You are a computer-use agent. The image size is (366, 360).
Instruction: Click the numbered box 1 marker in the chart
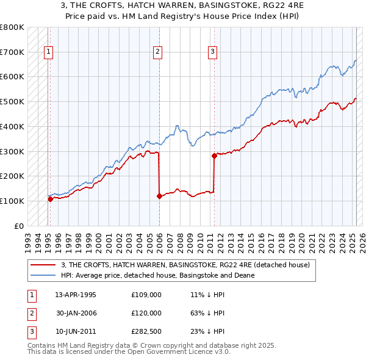[48, 52]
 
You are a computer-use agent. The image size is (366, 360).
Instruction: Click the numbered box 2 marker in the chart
[157, 52]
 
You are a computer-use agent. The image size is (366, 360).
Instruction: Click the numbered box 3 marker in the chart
[213, 52]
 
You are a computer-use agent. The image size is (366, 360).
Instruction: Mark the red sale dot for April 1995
[50, 198]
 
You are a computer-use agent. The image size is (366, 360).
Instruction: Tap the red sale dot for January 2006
[159, 196]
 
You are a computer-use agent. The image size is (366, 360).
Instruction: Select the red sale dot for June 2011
[214, 156]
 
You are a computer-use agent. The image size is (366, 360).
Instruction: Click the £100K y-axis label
[12, 201]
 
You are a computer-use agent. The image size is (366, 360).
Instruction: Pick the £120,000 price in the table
[146, 313]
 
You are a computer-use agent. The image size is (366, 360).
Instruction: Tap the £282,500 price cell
[146, 332]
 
